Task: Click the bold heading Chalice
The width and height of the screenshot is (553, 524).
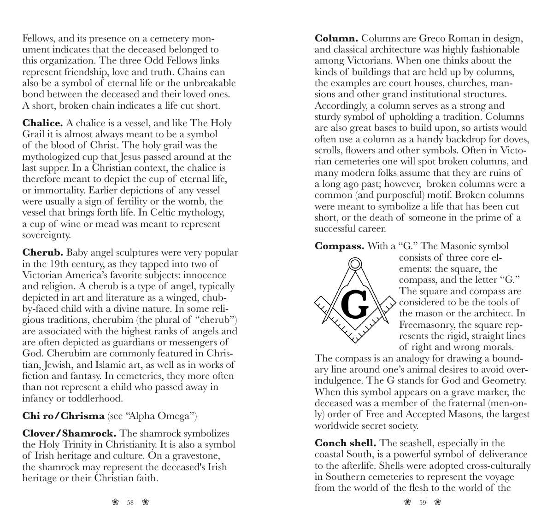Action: click(43, 123)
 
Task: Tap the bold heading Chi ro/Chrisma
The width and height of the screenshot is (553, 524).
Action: click(64, 416)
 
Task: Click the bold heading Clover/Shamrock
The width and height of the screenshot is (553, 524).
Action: click(69, 434)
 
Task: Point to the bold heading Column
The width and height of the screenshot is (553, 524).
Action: click(336, 39)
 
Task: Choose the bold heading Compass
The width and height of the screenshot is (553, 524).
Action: click(339, 246)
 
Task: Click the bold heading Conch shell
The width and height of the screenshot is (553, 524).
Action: click(345, 443)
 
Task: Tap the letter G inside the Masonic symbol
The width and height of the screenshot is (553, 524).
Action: click(355, 305)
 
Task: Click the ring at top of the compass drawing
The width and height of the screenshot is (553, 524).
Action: click(355, 264)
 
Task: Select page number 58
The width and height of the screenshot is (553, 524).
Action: click(130, 502)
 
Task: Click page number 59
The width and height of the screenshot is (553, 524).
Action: click(423, 502)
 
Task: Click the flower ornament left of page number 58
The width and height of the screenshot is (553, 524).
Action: click(115, 502)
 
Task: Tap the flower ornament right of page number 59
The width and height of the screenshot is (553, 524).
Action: click(438, 502)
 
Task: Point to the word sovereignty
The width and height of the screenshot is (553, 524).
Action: click(46, 235)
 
